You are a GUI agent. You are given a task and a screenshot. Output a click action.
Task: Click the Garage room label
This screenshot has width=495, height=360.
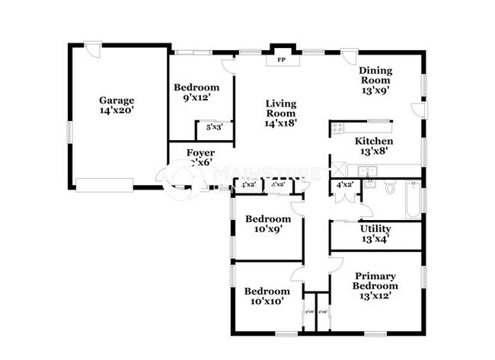click(117, 100)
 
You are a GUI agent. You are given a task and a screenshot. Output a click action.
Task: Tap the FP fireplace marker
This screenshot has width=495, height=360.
click(281, 59)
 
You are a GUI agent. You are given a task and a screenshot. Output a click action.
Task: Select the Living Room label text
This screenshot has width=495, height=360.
click(280, 108)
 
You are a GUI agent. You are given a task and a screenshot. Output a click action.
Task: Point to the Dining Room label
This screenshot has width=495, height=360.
click(375, 75)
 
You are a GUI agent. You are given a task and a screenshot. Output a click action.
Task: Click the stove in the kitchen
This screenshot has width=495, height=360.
click(338, 129)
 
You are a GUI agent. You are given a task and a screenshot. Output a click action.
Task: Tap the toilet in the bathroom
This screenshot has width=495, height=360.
click(391, 187)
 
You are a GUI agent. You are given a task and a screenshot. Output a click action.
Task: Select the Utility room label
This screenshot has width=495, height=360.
click(375, 228)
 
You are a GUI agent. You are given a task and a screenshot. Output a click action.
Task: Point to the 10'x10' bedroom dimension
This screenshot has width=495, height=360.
click(267, 301)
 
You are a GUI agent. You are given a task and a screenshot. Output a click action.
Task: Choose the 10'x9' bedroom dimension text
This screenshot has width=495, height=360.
click(267, 229)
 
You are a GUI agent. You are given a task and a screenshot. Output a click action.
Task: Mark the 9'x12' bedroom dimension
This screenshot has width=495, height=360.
click(196, 97)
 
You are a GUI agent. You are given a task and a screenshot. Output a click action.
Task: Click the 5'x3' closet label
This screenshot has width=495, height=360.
click(209, 128)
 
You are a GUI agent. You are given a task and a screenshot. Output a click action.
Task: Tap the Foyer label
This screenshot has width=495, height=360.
click(200, 153)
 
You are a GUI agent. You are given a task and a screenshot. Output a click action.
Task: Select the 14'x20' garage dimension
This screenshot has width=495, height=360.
click(117, 110)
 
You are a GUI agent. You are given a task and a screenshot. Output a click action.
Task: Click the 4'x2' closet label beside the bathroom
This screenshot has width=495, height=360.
click(345, 185)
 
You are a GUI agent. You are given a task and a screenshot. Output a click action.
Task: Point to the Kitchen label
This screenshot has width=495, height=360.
click(374, 141)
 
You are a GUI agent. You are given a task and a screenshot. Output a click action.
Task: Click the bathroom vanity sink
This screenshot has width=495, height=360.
click(370, 185)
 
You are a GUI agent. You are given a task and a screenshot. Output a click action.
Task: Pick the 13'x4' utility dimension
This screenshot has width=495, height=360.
click(375, 239)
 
